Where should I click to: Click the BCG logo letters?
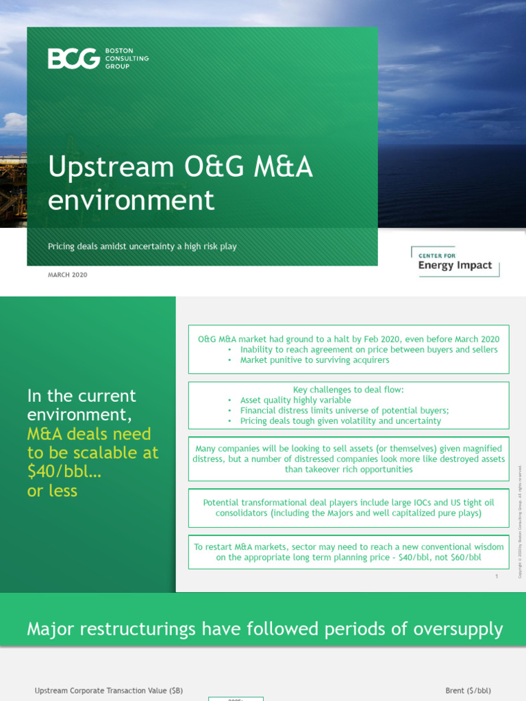coord(73,59)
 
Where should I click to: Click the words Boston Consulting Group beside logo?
coord(127,59)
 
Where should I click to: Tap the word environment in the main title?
coord(131,201)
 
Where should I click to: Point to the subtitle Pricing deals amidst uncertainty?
coord(142,246)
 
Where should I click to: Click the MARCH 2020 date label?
coord(67,275)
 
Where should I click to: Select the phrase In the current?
coord(82,396)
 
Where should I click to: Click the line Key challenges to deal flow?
coord(348,390)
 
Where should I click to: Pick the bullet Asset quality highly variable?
coord(295,400)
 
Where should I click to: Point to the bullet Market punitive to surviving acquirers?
coord(314,360)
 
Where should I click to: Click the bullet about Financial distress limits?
coord(345,411)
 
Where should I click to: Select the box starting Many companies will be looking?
coord(349,459)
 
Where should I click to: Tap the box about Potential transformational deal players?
coord(349,508)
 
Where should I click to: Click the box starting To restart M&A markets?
coord(349,552)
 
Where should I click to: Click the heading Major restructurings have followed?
coord(264,628)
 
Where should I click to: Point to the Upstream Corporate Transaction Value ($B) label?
coord(109,691)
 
